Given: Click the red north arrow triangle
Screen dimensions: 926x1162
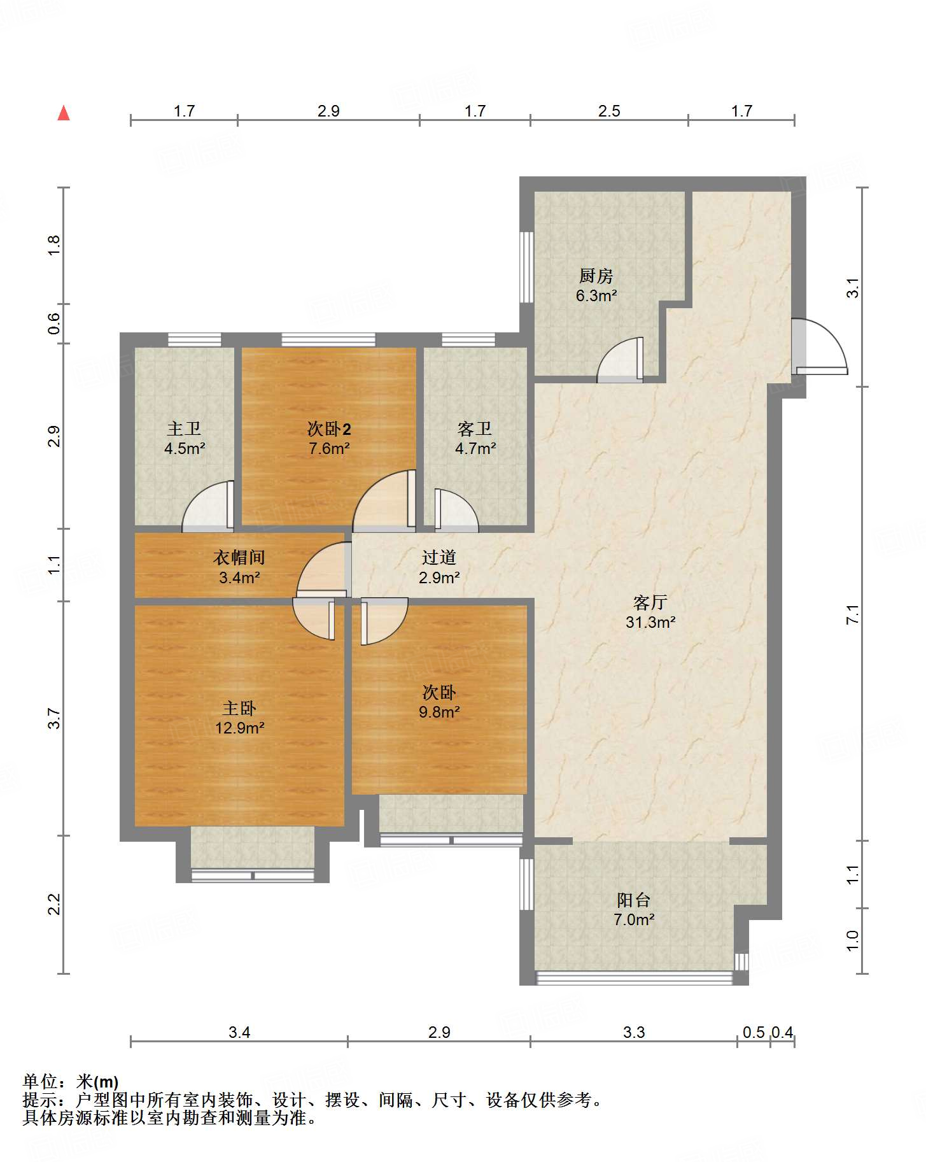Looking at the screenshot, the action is pyautogui.click(x=64, y=113).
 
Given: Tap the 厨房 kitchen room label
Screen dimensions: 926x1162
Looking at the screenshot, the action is pyautogui.click(x=596, y=276).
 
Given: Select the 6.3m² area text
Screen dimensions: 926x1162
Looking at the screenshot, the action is pyautogui.click(x=596, y=295).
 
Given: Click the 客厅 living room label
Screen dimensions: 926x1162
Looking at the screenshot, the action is pyautogui.click(x=650, y=602).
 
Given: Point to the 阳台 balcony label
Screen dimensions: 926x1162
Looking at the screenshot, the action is pyautogui.click(x=634, y=900).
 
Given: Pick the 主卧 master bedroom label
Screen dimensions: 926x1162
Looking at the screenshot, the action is pyautogui.click(x=239, y=708).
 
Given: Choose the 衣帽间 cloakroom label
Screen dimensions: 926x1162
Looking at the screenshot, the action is pyautogui.click(x=239, y=558).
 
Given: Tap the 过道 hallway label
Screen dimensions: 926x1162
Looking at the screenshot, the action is pyautogui.click(x=439, y=558).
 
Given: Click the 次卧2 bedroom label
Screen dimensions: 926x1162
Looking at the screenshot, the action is pyautogui.click(x=329, y=429).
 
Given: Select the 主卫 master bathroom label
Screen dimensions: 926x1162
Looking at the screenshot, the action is pyautogui.click(x=184, y=429).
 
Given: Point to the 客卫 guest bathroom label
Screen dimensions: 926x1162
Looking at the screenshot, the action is pyautogui.click(x=475, y=429).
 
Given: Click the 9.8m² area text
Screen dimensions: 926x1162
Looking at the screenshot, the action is pyautogui.click(x=439, y=712).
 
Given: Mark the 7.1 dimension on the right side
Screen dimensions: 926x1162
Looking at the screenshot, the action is pyautogui.click(x=853, y=614).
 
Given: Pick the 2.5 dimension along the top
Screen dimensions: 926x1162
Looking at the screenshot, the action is pyautogui.click(x=609, y=111).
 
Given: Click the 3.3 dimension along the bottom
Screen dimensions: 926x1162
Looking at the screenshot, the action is pyautogui.click(x=634, y=1032).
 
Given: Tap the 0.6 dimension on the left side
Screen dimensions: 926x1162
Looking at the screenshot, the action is pyautogui.click(x=54, y=323).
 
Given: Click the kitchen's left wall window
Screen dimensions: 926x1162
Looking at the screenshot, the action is pyautogui.click(x=526, y=267).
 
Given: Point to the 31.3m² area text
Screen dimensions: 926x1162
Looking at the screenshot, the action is pyautogui.click(x=650, y=622).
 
